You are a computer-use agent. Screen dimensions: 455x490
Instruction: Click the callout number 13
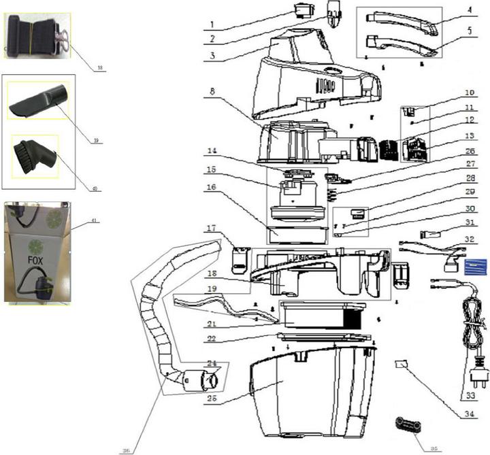click(451, 136)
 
